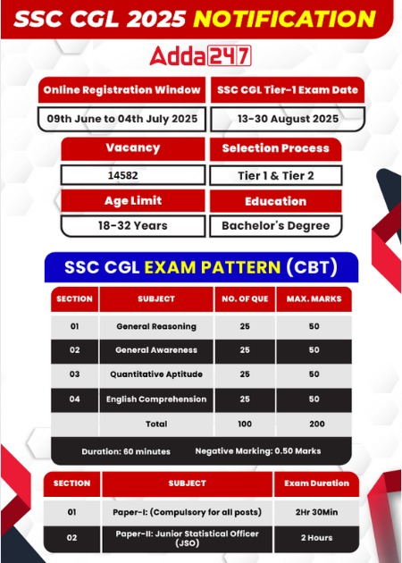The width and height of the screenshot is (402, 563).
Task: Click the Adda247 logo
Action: (200, 56)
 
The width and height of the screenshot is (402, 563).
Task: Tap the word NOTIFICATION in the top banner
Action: (284, 19)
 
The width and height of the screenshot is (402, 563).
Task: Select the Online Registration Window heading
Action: (121, 89)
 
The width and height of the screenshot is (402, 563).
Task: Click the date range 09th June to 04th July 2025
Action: (122, 119)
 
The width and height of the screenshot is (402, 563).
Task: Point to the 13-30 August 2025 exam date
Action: (288, 119)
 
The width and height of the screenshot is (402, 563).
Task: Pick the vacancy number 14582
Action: (122, 175)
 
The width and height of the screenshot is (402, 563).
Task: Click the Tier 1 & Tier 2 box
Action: (276, 175)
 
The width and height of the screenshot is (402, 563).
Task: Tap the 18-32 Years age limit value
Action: (133, 225)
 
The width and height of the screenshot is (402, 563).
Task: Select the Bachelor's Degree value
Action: (276, 225)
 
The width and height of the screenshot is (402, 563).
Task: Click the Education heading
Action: (276, 201)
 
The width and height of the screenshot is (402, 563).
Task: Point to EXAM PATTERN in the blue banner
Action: (212, 267)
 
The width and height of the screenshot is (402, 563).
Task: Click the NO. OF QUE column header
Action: (245, 299)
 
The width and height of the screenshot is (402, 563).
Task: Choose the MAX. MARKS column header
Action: (314, 299)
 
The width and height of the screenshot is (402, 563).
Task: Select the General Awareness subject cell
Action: (156, 350)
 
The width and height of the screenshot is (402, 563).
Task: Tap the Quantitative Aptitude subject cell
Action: (156, 374)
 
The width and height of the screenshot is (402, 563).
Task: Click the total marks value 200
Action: (317, 424)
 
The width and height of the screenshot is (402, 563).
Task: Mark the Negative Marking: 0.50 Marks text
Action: (258, 451)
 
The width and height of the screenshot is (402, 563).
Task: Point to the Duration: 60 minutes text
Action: (126, 451)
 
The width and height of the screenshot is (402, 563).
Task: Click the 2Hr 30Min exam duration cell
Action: (316, 512)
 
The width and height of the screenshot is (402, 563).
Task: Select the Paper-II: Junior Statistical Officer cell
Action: (187, 538)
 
